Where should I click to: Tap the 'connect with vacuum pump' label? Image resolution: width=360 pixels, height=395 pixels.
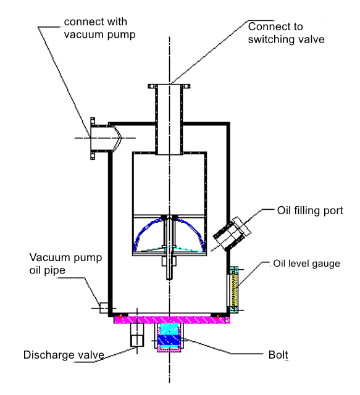tap(98, 28)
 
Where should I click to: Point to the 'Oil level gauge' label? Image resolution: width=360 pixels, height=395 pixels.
tap(306, 264)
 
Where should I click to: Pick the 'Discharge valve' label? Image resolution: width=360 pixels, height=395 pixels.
tap(63, 355)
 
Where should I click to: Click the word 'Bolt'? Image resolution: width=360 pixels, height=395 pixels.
tap(278, 355)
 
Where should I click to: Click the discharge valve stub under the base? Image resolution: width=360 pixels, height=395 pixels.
tap(137, 336)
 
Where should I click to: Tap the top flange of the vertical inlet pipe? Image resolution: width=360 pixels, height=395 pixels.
tap(168, 87)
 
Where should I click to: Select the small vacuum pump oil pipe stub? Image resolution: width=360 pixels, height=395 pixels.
tap(104, 307)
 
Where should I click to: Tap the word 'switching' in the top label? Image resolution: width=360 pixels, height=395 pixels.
tap(273, 40)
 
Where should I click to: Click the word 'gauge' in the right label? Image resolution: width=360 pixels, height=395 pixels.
tap(326, 264)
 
